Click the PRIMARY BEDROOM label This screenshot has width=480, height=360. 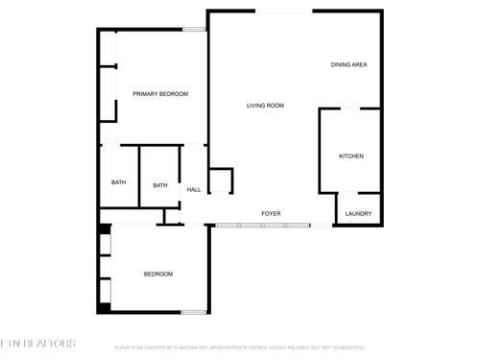(x=160, y=93)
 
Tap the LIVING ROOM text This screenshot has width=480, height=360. (x=265, y=106)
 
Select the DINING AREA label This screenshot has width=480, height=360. (x=349, y=65)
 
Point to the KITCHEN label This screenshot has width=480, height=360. (x=351, y=156)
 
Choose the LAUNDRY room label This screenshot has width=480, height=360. (x=358, y=213)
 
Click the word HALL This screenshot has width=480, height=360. (x=194, y=189)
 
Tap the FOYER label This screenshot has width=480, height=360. (x=272, y=213)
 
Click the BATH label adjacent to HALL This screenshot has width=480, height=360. (x=160, y=184)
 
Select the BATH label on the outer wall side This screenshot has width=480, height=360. (x=118, y=182)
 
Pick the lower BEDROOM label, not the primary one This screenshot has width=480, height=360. (x=158, y=275)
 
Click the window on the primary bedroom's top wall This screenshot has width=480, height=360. (x=195, y=30)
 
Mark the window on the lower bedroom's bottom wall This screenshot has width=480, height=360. (x=195, y=312)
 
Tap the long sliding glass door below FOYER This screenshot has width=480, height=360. (x=262, y=226)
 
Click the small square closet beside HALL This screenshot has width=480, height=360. (x=221, y=180)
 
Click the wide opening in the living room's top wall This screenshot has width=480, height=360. (x=283, y=12)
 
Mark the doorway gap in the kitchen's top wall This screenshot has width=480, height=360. (x=350, y=109)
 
